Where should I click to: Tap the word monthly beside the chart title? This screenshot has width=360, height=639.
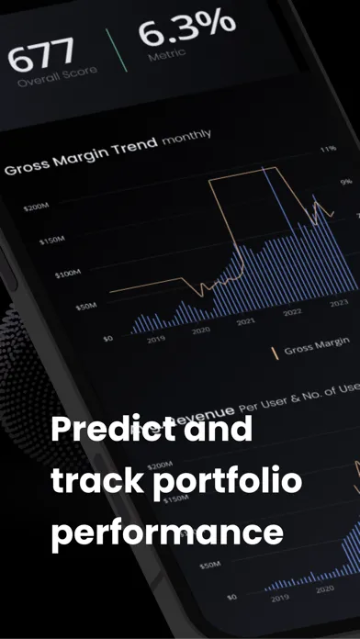pos(186,138)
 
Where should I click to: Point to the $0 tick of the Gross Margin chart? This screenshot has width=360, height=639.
pos(107,338)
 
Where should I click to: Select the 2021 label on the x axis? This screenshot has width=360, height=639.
pos(246,322)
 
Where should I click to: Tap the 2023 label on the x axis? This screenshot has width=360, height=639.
pos(339,304)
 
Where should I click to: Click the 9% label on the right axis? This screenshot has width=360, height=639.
pos(346,183)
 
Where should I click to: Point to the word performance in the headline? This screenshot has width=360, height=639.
pos(166,533)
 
